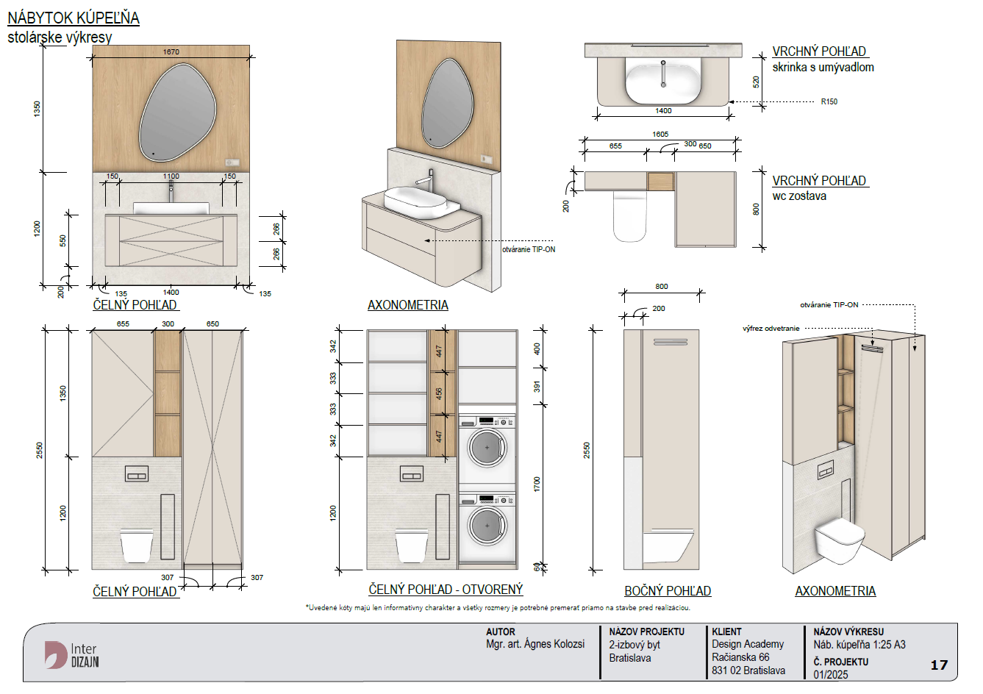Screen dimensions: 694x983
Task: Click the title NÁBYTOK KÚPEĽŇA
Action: pyautogui.click(x=74, y=18)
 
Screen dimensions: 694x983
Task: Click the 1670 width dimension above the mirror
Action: pyautogui.click(x=171, y=52)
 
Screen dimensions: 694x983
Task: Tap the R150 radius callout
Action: pyautogui.click(x=829, y=101)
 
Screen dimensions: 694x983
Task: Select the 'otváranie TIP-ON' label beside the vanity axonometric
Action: pyautogui.click(x=529, y=250)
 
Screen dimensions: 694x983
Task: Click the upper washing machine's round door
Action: pyautogui.click(x=486, y=447)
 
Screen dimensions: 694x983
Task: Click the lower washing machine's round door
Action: pyautogui.click(x=486, y=526)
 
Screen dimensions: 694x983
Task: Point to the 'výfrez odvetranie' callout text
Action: pyautogui.click(x=771, y=329)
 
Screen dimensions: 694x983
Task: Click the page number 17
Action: pyautogui.click(x=939, y=665)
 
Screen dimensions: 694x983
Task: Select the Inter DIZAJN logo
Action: pyautogui.click(x=71, y=654)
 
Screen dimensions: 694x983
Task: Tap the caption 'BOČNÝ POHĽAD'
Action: pyautogui.click(x=668, y=591)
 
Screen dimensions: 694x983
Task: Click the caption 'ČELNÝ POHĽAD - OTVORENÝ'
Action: pyautogui.click(x=446, y=590)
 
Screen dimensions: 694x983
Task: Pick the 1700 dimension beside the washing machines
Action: pyautogui.click(x=537, y=484)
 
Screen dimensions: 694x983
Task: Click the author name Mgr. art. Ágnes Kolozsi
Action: pyautogui.click(x=535, y=644)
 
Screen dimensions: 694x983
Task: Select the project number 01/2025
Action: pyautogui.click(x=831, y=674)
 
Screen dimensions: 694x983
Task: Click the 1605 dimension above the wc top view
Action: pyautogui.click(x=660, y=135)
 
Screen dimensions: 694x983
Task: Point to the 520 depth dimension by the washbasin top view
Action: pyautogui.click(x=756, y=82)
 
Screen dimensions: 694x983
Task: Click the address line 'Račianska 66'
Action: pyautogui.click(x=740, y=657)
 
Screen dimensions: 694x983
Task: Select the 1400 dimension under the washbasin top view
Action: pyautogui.click(x=663, y=111)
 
